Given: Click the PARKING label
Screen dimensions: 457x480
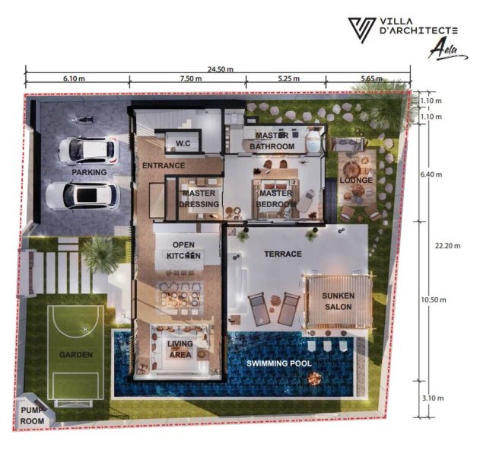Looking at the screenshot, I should [x=89, y=172].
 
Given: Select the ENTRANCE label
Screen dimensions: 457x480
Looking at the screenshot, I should [x=163, y=165].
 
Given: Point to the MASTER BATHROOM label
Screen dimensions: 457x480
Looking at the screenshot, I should [x=275, y=141].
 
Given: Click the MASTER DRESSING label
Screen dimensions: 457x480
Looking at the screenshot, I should [x=200, y=199].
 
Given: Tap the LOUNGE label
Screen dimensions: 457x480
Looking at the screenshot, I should [x=355, y=181].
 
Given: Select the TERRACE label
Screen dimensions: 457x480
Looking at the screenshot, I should [x=283, y=254].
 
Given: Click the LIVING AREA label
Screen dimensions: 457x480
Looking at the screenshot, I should [x=180, y=349].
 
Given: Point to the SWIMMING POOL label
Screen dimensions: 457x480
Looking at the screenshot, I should [x=279, y=363].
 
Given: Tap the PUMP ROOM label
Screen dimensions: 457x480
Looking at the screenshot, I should [x=32, y=417].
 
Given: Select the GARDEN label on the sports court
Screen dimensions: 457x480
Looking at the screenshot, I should [x=76, y=355].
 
